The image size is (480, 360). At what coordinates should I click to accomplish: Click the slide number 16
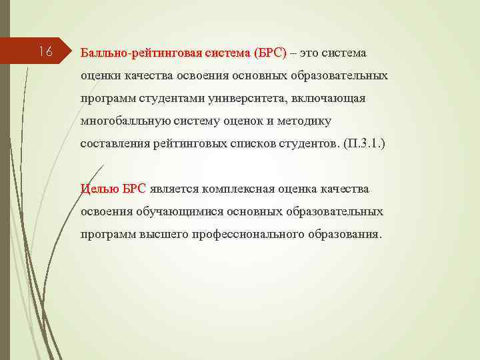click(45, 51)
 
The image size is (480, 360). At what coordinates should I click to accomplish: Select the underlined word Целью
click(99, 189)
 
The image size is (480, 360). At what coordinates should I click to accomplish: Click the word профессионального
click(249, 234)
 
